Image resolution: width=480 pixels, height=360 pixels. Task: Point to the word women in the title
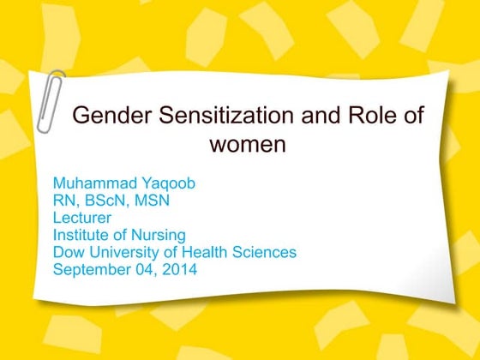247,144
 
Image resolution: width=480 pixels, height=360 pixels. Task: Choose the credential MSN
153,201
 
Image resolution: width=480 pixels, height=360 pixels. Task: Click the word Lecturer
82,218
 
